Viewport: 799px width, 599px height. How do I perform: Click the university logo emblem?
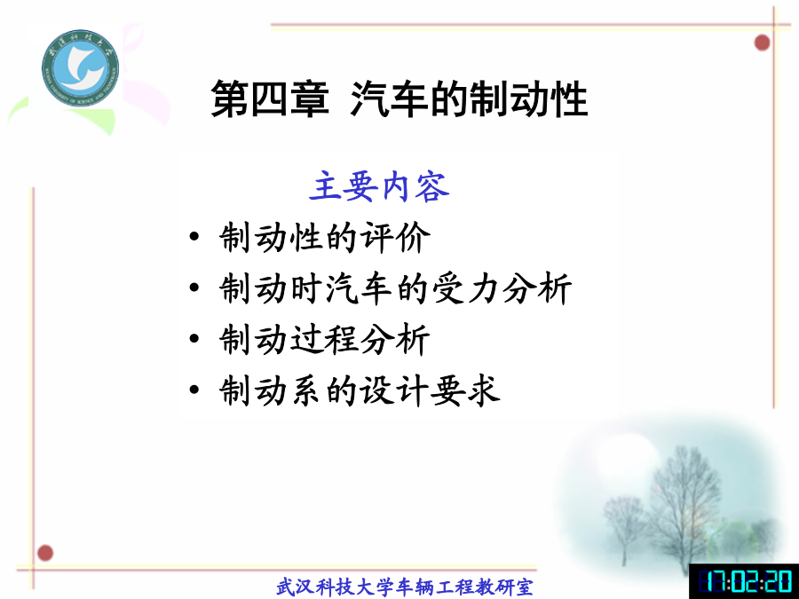pyautogui.click(x=81, y=67)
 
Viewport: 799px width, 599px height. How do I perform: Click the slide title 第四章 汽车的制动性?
pyautogui.click(x=399, y=99)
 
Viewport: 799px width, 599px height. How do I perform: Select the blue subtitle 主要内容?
pyautogui.click(x=380, y=186)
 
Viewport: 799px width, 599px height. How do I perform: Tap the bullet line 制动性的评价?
pyautogui.click(x=325, y=237)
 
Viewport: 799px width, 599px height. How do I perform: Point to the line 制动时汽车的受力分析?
pyautogui.click(x=395, y=288)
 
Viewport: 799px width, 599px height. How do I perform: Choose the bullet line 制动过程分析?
pyautogui.click(x=325, y=339)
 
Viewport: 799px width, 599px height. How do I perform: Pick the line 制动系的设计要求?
pyautogui.click(x=360, y=390)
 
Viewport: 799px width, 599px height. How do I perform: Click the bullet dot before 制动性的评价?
pyautogui.click(x=194, y=237)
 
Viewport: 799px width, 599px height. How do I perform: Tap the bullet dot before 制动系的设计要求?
pyautogui.click(x=194, y=390)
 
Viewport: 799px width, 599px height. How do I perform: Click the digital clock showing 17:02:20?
pyautogui.click(x=744, y=581)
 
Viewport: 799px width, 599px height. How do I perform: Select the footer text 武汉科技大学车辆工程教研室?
pyautogui.click(x=405, y=587)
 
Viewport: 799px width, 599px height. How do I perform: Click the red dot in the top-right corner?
pyautogui.click(x=762, y=43)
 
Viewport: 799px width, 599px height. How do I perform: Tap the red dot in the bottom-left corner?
pyautogui.click(x=45, y=553)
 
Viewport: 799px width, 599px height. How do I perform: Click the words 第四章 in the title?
pyautogui.click(x=270, y=99)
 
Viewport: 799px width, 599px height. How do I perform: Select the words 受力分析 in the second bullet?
pyautogui.click(x=502, y=288)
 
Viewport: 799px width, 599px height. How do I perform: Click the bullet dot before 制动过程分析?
pyautogui.click(x=194, y=339)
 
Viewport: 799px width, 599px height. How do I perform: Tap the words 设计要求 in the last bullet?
pyautogui.click(x=431, y=390)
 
